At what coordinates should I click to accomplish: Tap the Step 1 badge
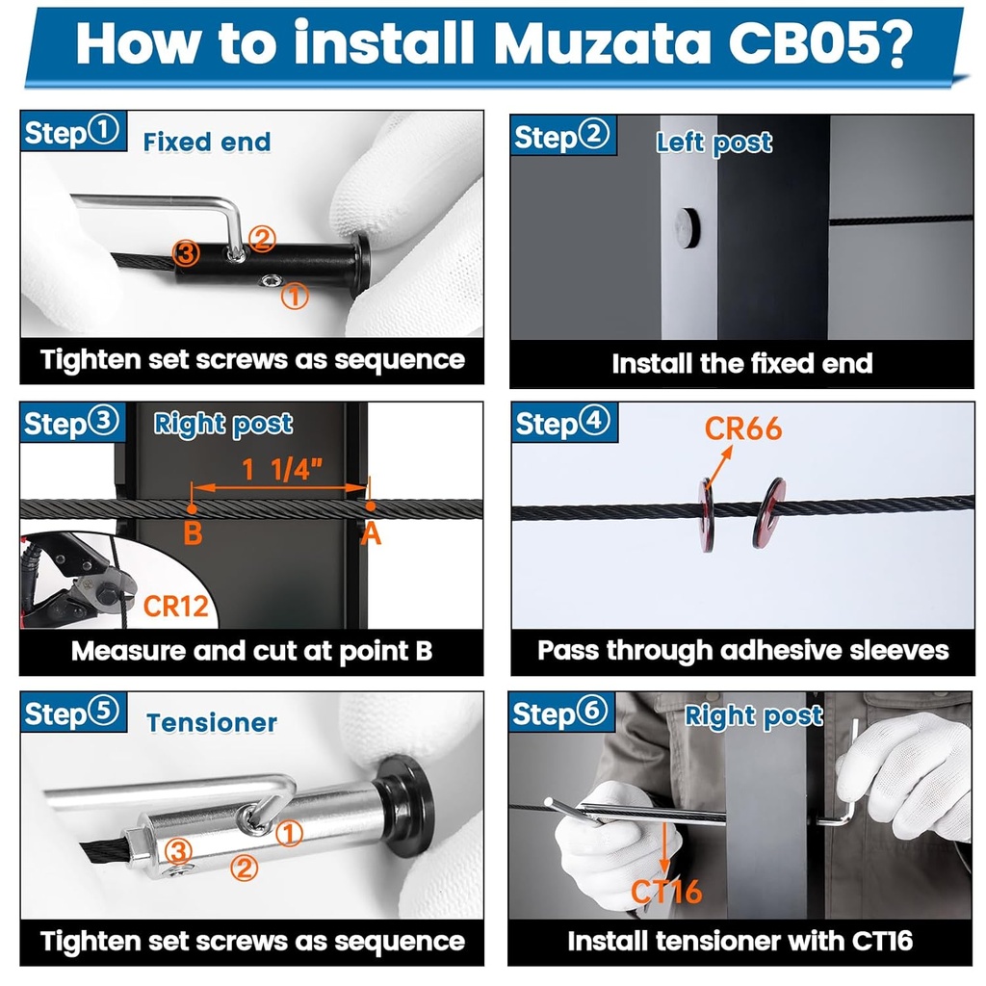73,131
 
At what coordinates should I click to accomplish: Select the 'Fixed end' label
207,143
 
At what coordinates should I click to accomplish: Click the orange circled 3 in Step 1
186,253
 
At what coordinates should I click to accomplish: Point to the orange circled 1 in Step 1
295,296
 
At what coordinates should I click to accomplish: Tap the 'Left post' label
714,143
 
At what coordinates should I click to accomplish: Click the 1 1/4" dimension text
282,469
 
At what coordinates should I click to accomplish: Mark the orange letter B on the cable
193,532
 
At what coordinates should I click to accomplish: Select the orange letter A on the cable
371,533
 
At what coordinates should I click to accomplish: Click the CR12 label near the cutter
175,607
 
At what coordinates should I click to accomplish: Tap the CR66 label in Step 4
742,428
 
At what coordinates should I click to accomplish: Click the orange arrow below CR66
719,466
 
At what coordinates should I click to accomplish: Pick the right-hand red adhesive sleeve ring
769,512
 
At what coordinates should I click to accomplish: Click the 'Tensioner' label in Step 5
212,723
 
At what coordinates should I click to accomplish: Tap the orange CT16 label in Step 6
666,891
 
